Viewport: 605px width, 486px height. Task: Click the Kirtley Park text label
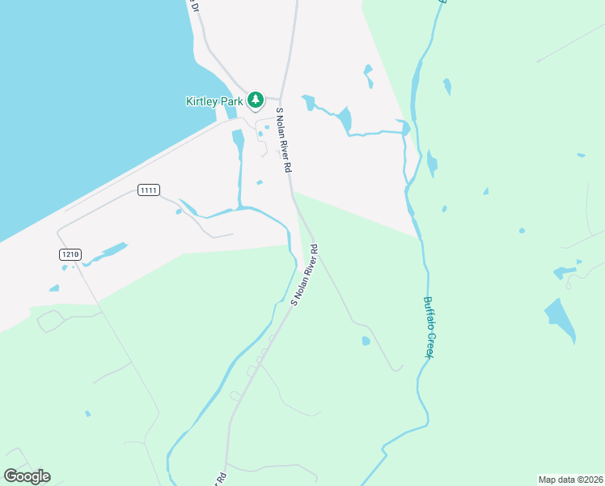click(x=214, y=100)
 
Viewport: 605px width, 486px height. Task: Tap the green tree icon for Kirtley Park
click(x=256, y=100)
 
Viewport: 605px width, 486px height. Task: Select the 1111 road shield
click(x=148, y=190)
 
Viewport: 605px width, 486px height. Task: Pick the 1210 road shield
click(x=70, y=254)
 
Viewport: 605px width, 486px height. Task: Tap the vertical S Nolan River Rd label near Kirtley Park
click(x=283, y=139)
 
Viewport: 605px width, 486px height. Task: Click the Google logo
click(x=27, y=475)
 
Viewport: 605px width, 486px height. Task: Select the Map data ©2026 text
click(x=570, y=479)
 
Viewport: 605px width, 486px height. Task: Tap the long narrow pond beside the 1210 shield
click(x=105, y=254)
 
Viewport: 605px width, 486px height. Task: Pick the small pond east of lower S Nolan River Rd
click(x=366, y=341)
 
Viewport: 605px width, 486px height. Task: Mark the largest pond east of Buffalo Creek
click(x=560, y=318)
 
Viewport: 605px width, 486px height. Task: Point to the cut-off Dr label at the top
click(x=192, y=6)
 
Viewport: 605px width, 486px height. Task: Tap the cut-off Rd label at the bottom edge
click(x=220, y=478)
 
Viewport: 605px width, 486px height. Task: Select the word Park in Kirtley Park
click(x=233, y=100)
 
